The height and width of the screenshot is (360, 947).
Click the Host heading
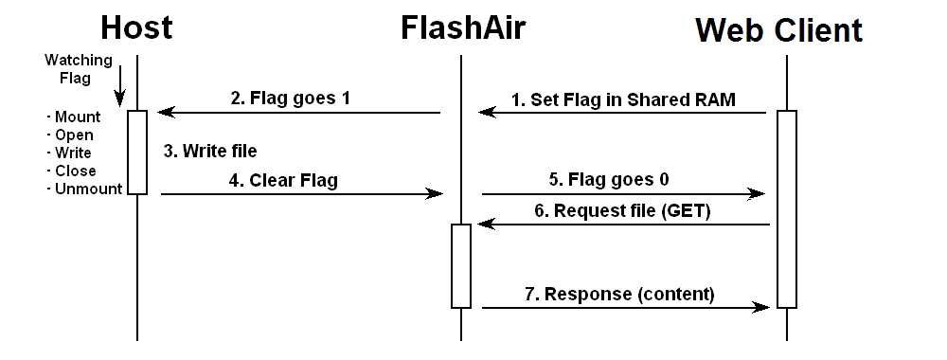[x=136, y=27]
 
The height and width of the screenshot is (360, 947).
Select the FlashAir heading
[x=462, y=27]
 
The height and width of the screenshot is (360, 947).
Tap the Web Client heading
[x=779, y=29]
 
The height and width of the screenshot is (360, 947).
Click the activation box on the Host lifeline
[x=137, y=153]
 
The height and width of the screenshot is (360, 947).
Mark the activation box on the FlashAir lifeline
[x=461, y=265]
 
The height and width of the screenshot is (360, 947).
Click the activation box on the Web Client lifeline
[x=786, y=208]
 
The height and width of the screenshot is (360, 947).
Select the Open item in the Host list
[x=71, y=135]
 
